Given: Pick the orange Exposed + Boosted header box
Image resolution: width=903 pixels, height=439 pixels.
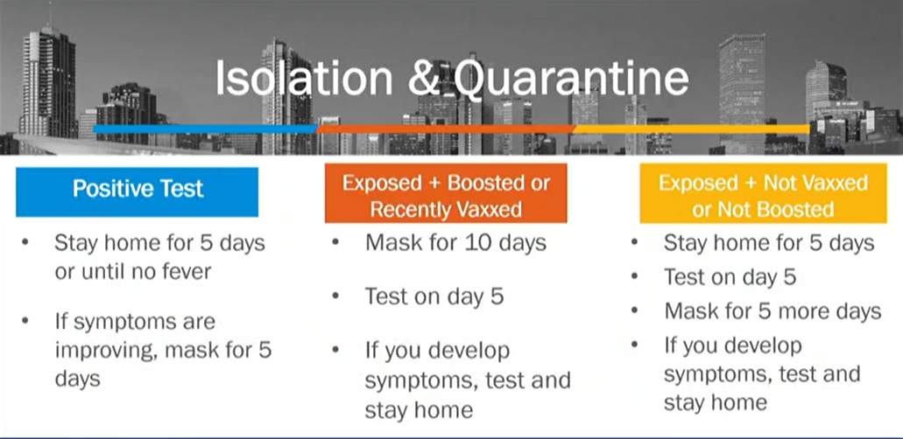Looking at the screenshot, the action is point(446,192).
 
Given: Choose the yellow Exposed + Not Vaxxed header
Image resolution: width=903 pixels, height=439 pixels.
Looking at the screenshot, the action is point(763,192).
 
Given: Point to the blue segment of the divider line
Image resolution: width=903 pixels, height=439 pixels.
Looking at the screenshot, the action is point(206,129).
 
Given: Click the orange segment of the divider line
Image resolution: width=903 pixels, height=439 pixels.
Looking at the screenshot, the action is point(445,129).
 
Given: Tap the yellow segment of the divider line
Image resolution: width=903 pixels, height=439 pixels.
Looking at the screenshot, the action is point(691,129).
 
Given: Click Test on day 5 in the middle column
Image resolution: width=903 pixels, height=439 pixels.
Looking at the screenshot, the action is point(434,296).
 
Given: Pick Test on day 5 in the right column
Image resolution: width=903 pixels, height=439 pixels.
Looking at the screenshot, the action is point(730,277).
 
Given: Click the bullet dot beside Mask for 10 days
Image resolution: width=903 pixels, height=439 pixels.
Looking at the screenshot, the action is point(335,242).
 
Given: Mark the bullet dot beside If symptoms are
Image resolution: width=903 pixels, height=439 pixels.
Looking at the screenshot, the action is point(25,320).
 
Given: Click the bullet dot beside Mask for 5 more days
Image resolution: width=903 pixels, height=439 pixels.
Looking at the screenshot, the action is point(635,310).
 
